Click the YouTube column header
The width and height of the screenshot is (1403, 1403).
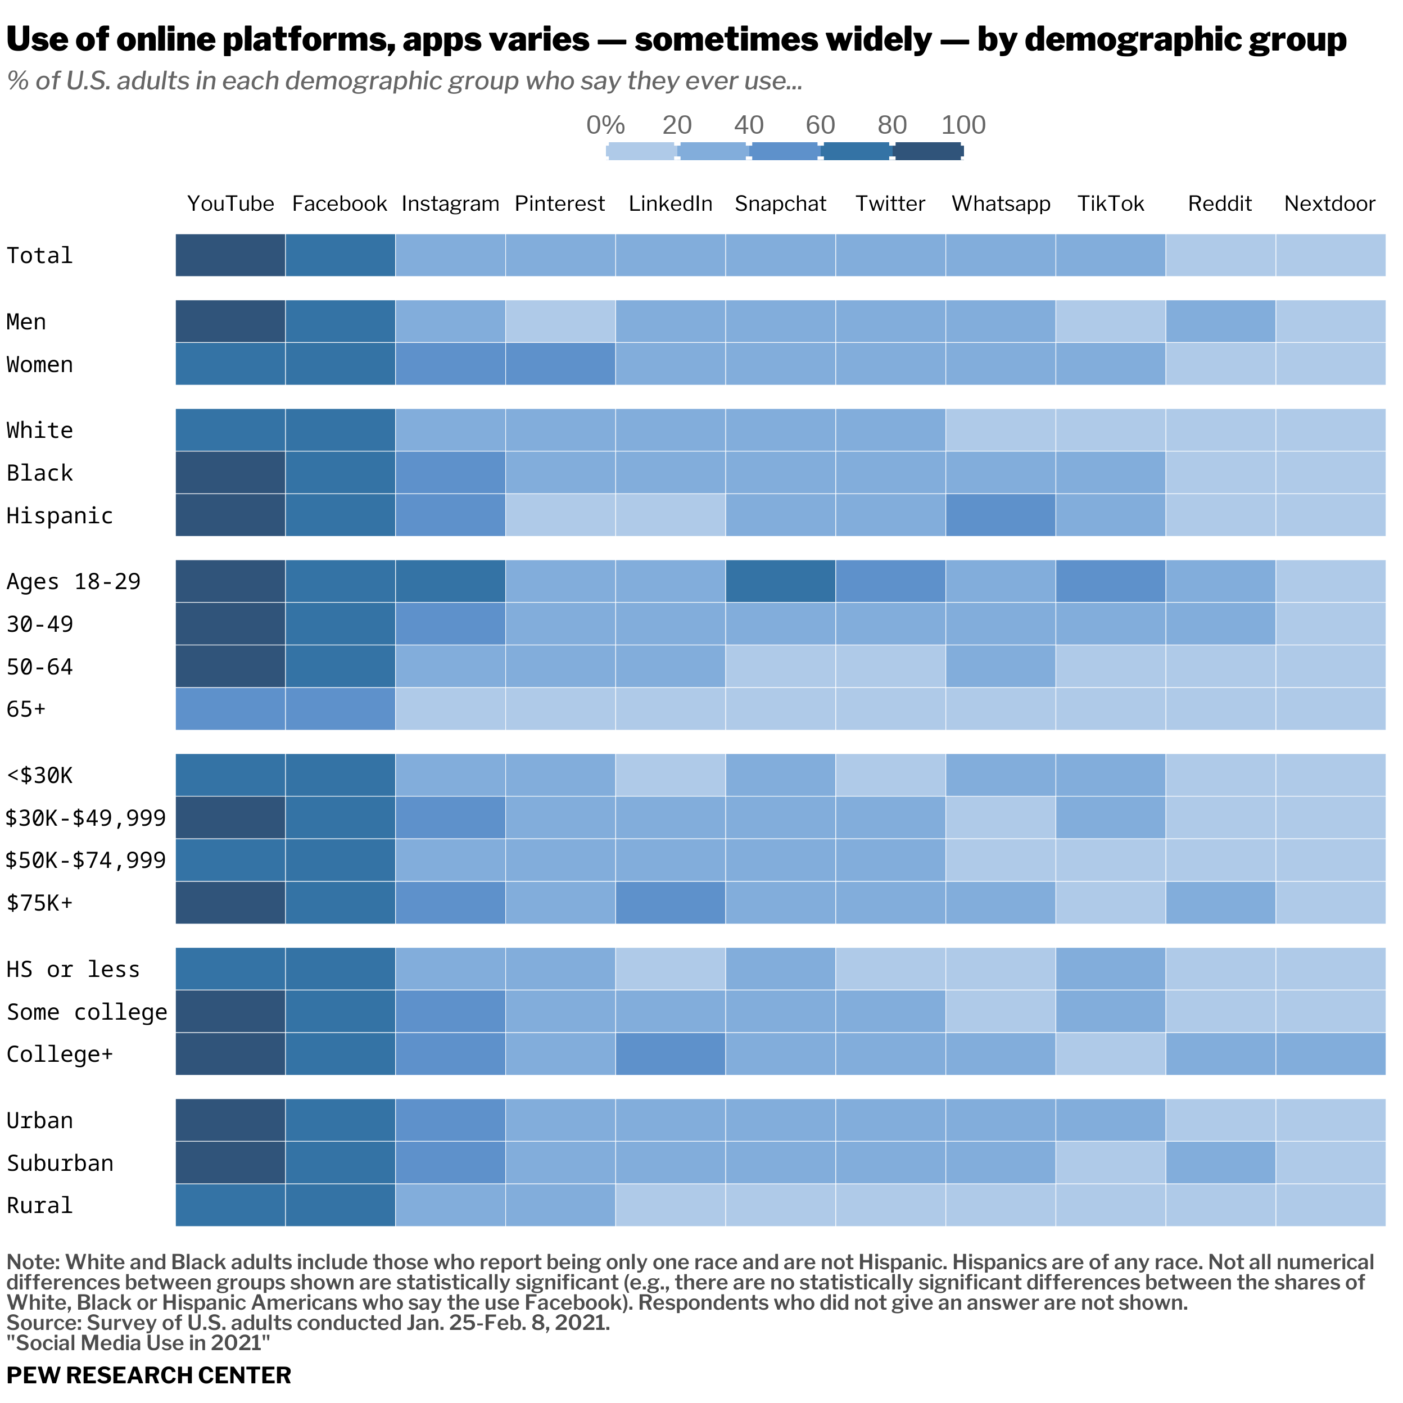point(230,203)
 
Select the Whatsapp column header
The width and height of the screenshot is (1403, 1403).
point(1001,203)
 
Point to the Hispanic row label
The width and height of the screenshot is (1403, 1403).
point(60,515)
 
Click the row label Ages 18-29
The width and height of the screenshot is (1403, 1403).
point(73,582)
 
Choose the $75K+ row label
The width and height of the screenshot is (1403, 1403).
point(40,903)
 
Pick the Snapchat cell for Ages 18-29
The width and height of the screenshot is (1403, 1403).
point(780,581)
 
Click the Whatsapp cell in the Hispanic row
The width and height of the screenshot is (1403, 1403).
point(1000,515)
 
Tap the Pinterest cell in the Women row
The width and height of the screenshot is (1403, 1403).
point(560,364)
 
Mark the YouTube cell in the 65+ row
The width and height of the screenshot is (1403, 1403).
point(230,709)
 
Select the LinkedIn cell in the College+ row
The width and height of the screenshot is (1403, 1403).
point(670,1054)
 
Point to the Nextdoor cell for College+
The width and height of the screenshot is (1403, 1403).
point(1330,1054)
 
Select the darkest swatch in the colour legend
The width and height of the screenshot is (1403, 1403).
point(928,151)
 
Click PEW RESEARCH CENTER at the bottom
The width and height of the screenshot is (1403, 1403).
point(149,1375)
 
